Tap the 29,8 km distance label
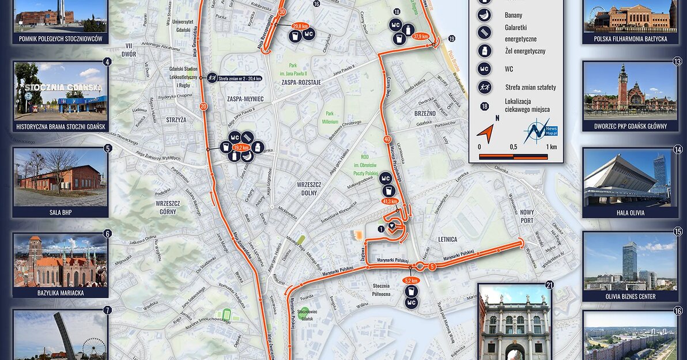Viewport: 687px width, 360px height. [x=300, y=26]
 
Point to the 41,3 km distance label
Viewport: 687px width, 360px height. [x=390, y=202]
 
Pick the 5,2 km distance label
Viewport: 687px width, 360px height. [x=411, y=281]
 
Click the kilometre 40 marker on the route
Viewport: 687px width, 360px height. [x=387, y=139]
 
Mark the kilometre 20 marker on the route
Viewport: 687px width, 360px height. [x=203, y=107]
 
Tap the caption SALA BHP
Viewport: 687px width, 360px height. [x=60, y=212]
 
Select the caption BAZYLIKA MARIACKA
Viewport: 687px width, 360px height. [x=60, y=293]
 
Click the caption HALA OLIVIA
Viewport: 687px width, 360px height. [x=629, y=213]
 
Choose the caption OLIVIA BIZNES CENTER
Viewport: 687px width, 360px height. [x=629, y=297]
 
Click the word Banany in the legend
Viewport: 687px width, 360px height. [x=513, y=15]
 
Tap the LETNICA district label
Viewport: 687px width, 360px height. [x=447, y=239]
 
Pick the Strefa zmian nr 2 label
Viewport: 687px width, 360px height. [x=236, y=78]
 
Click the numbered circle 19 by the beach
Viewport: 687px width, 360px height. [x=451, y=39]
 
